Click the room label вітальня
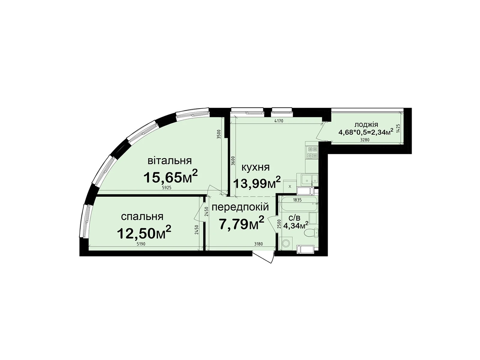pyautogui.click(x=169, y=160)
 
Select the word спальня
pyautogui.click(x=142, y=216)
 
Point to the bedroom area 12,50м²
pyautogui.click(x=144, y=233)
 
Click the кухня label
pyautogui.click(x=255, y=167)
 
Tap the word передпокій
pyautogui.click(x=240, y=207)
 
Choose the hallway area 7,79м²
pyautogui.click(x=241, y=223)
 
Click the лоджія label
pyautogui.click(x=366, y=124)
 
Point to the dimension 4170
pyautogui.click(x=279, y=121)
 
